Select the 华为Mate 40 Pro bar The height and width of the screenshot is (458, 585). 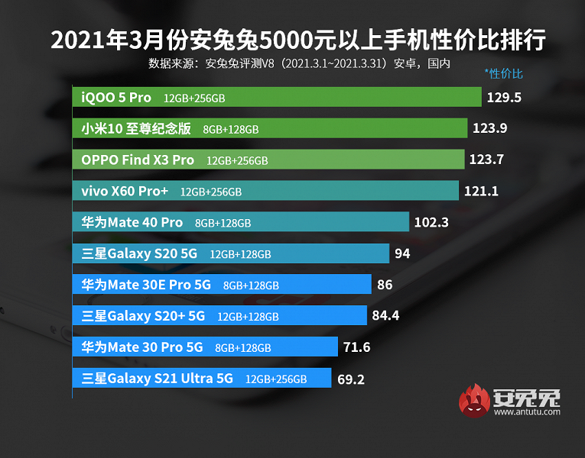pyautogui.click(x=241, y=222)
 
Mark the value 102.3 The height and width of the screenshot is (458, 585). pyautogui.click(x=431, y=223)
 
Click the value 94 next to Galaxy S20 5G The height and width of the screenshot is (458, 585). pyautogui.click(x=403, y=253)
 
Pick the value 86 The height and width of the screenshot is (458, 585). pyautogui.click(x=385, y=285)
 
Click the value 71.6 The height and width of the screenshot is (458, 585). pyautogui.click(x=356, y=347)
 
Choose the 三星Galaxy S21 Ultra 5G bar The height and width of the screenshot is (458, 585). pyautogui.click(x=202, y=378)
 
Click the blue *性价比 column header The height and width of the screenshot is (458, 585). pyautogui.click(x=504, y=74)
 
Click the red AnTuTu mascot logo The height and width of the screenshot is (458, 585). pyautogui.click(x=474, y=402)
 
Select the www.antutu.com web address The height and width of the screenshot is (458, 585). pyautogui.click(x=527, y=412)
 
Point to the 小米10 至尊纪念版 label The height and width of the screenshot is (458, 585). pyautogui.click(x=137, y=129)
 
